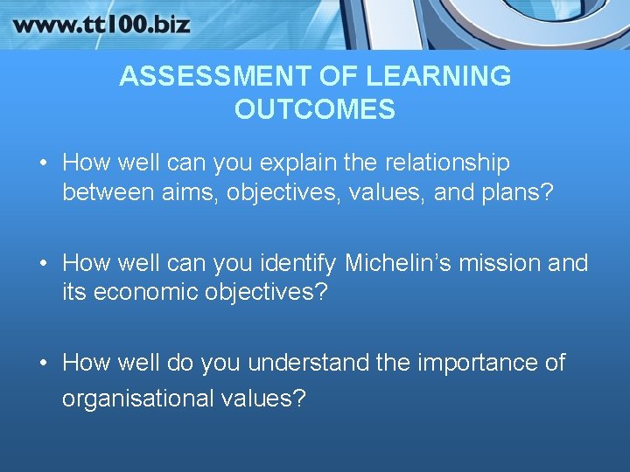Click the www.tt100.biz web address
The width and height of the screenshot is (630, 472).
(x=101, y=24)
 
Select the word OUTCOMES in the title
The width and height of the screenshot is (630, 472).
(x=315, y=110)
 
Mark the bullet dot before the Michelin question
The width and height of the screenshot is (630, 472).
(x=43, y=263)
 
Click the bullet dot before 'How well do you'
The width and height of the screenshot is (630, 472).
(x=43, y=363)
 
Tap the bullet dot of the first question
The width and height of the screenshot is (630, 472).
(x=43, y=163)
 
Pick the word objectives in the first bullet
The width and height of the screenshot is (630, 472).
(x=285, y=192)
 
